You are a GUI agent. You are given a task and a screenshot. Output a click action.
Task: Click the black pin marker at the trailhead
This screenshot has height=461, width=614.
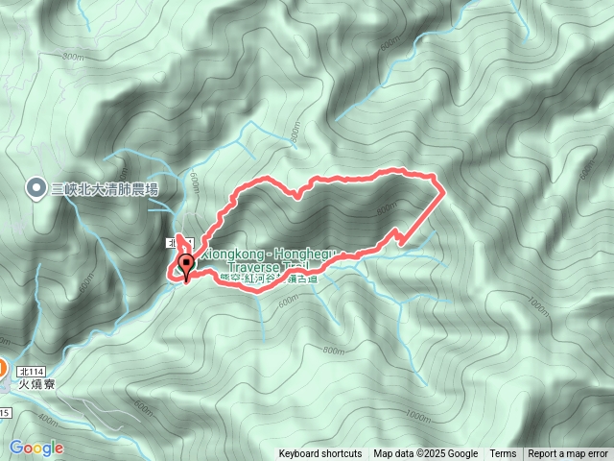tap(183, 266)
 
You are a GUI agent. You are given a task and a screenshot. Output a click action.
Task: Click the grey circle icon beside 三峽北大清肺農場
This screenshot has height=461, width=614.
tap(36, 187)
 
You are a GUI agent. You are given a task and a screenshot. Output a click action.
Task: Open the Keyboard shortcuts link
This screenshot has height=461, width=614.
tap(320, 454)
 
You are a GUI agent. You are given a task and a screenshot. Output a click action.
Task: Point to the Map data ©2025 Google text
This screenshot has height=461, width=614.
tap(426, 454)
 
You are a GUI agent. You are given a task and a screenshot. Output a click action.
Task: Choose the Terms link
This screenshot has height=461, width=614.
tap(503, 454)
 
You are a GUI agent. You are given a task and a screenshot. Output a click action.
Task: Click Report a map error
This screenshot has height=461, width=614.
tap(568, 454)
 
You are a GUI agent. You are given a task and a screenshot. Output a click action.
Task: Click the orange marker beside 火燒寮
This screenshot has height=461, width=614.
tap(3, 368)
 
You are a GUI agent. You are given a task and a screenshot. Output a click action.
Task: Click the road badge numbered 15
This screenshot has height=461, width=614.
tap(4, 413)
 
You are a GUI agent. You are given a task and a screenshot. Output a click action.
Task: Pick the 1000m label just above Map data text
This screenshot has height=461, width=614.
tap(417, 415)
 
